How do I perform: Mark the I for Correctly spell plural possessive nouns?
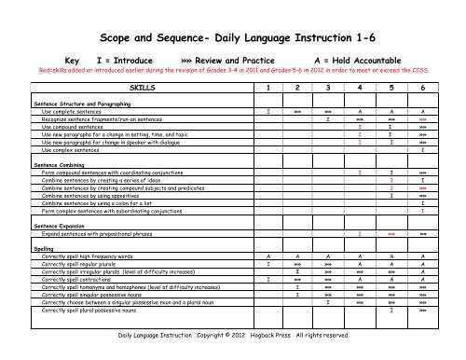tap(392, 309)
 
